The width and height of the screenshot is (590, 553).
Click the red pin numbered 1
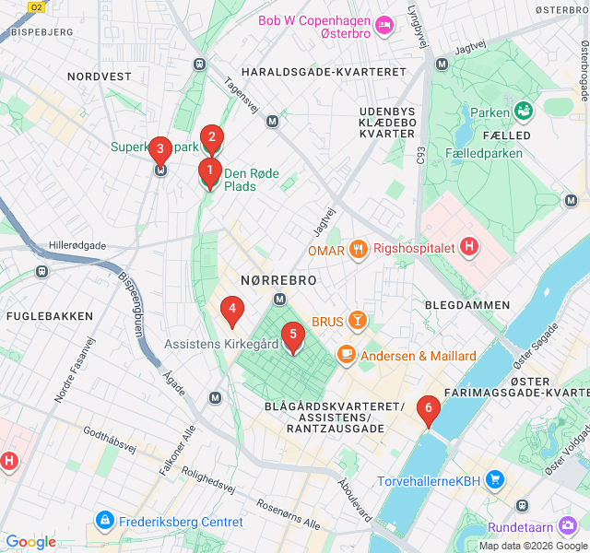point(209,171)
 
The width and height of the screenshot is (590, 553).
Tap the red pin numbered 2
point(211,139)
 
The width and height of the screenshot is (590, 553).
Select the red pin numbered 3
point(160,149)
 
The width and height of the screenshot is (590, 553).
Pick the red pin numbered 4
point(232,311)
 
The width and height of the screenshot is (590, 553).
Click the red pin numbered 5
point(292,336)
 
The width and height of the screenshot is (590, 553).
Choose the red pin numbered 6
point(428,409)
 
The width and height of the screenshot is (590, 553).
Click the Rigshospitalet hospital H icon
point(469,247)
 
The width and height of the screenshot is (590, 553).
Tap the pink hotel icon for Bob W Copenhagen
point(385,21)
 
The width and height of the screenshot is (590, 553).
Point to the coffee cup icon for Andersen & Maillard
point(347,355)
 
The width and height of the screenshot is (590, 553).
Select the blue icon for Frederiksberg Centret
point(104,522)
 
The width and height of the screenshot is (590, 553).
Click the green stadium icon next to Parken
point(525,112)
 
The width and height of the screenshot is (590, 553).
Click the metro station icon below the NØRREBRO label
point(279,299)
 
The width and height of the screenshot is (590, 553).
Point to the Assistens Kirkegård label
point(221,344)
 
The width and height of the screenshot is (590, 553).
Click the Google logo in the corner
point(30,542)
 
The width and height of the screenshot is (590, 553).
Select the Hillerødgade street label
point(80,246)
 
